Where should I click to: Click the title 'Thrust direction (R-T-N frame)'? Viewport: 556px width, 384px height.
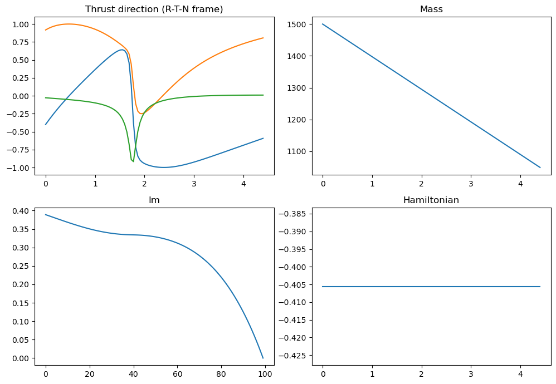pos(154,9)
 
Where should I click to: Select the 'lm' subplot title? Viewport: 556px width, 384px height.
pos(154,200)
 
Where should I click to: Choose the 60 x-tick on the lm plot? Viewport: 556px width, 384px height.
pos(177,368)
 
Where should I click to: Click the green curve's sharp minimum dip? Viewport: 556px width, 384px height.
pos(133,161)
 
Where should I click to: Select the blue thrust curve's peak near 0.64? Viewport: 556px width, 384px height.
pos(121,50)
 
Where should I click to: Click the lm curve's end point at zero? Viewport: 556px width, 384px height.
pos(263,358)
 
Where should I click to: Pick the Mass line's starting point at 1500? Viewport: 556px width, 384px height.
pos(323,24)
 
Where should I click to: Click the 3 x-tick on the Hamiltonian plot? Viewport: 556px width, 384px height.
pos(471,368)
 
